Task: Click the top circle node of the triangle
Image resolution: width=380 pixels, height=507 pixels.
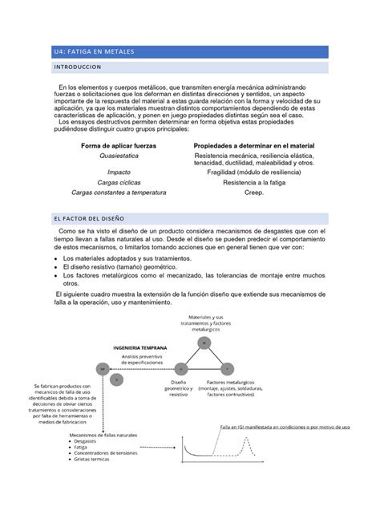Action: pyautogui.click(x=204, y=343)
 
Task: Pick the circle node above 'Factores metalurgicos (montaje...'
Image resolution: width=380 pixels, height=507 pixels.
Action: pyautogui.click(x=228, y=367)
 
